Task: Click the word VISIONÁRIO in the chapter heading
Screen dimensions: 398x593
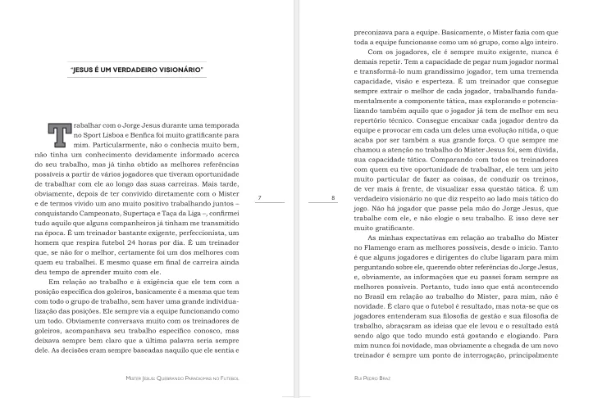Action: [x=176, y=71]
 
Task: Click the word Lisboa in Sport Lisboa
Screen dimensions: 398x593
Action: [x=115, y=136]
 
